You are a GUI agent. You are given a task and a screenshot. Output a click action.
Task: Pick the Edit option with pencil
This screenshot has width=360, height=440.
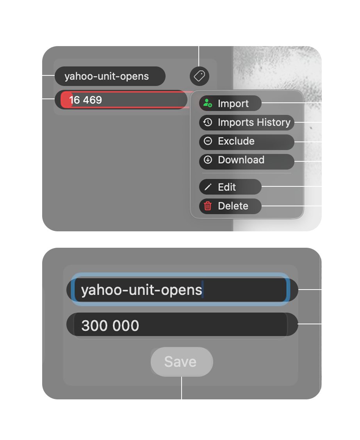(x=227, y=187)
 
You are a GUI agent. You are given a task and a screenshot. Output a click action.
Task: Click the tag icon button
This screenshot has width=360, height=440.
(x=200, y=76)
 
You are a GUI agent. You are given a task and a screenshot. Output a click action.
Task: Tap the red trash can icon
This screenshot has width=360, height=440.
(x=208, y=206)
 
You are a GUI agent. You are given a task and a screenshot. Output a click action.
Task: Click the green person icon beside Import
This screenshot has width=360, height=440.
(x=208, y=104)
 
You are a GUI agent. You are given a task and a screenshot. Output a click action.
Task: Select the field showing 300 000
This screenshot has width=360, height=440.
(x=180, y=326)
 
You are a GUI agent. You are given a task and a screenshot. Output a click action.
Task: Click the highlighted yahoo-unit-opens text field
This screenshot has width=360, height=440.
(x=180, y=290)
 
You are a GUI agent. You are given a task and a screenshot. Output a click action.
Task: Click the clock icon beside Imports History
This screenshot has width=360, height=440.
(x=208, y=122)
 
